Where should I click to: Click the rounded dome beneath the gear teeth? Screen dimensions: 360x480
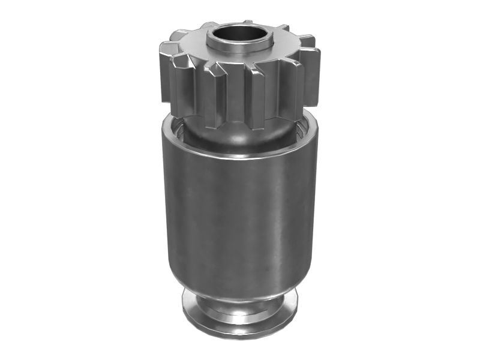(x=240, y=135)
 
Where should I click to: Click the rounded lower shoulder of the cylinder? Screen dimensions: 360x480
(x=240, y=282)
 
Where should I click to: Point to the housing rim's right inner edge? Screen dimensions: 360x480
(x=303, y=129)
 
